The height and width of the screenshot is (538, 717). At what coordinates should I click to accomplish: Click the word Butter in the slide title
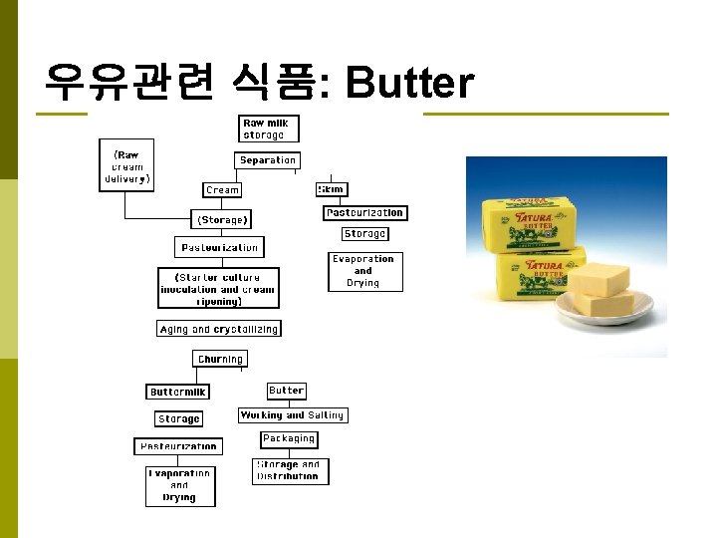coord(409,83)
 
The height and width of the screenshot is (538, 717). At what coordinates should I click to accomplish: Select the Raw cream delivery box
coord(126,166)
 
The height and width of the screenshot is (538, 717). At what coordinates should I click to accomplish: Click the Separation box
coord(268,160)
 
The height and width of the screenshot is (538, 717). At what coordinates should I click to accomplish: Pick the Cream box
coord(222,189)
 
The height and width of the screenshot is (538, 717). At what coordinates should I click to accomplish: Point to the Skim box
coord(331,188)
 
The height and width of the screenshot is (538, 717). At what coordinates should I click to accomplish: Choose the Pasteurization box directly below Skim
coord(364,212)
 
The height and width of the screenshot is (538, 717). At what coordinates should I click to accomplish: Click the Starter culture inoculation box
coord(218,289)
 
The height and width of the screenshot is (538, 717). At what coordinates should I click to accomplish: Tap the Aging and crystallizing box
coord(219,329)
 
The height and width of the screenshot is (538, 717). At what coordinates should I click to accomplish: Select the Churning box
coord(220,359)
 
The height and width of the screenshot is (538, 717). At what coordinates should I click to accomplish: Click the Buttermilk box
coord(178,393)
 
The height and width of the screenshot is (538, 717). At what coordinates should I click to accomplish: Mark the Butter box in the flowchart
coord(286,391)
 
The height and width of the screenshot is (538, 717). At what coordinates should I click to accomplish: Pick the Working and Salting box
coord(292,415)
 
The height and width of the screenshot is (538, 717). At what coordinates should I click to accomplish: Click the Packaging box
coord(289,438)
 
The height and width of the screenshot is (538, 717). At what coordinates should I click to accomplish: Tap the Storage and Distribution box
coord(289,470)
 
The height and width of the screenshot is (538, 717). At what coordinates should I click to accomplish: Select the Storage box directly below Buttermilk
coord(178,419)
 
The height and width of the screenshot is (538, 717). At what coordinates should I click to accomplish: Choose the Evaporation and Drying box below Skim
coord(363,271)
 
